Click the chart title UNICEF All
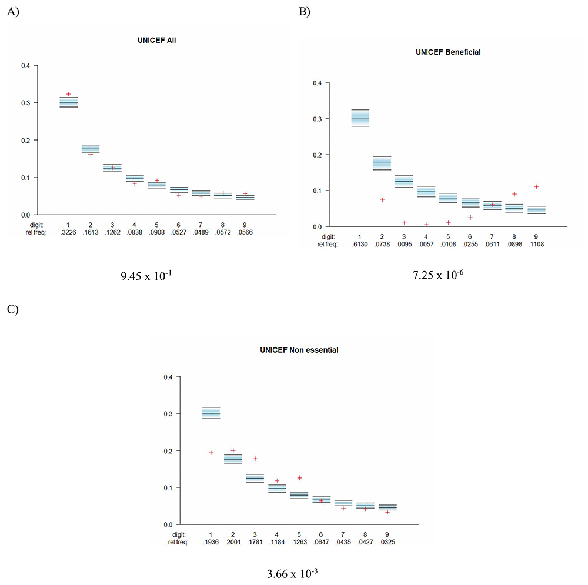coord(157,41)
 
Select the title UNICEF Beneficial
coord(448,52)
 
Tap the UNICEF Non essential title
coord(299,350)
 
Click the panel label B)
coord(304,12)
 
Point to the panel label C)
coord(12,309)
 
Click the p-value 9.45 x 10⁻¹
coord(146,276)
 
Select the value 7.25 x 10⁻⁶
coord(438,275)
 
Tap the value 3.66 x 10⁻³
coord(292,574)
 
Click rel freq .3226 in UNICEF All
coord(68,232)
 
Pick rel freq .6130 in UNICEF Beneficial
coord(360,245)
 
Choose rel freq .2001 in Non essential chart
coord(233,542)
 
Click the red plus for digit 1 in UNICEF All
coord(68,94)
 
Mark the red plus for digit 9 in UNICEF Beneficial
coord(536,186)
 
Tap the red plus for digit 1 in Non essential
coord(211,453)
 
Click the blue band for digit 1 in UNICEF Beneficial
coord(360,118)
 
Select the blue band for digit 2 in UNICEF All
coord(91,149)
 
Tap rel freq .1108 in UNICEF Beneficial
coord(536,245)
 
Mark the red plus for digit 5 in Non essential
coord(299,478)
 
